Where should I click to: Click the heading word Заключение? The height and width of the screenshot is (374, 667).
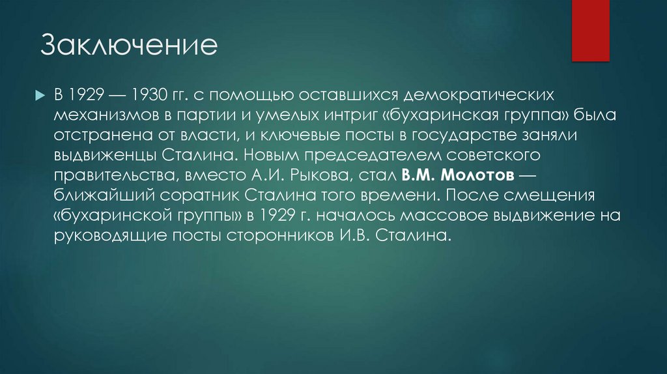coord(129,47)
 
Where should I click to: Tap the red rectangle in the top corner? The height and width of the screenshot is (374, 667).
coord(590,29)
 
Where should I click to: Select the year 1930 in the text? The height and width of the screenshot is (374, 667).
coord(151,95)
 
